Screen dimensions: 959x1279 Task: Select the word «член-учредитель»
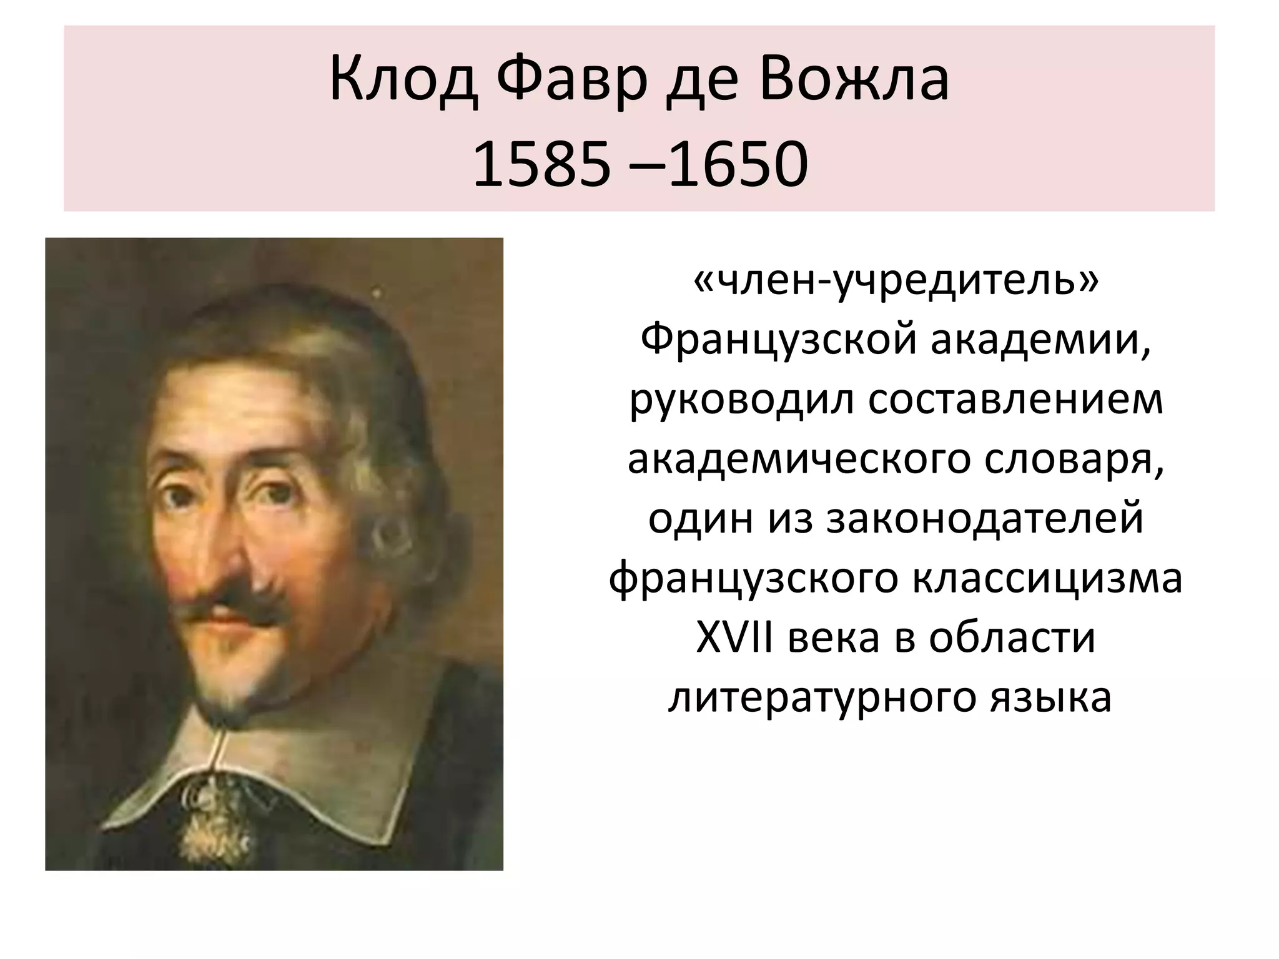pyautogui.click(x=896, y=284)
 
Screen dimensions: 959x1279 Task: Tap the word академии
pyautogui.click(x=1041, y=342)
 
